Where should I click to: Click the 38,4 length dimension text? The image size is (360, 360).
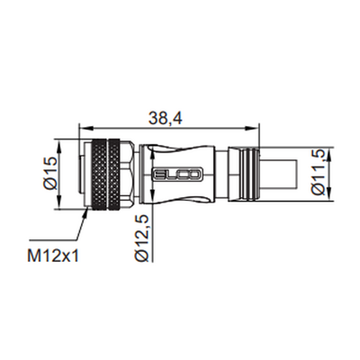point(165,119)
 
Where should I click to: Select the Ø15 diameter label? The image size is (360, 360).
point(50,174)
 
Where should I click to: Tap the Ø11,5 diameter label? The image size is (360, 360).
point(318,173)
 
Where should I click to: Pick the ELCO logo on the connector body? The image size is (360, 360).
point(178,175)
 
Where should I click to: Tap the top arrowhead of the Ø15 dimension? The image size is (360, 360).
point(58,146)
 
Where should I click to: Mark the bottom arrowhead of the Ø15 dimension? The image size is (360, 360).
point(58,202)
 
